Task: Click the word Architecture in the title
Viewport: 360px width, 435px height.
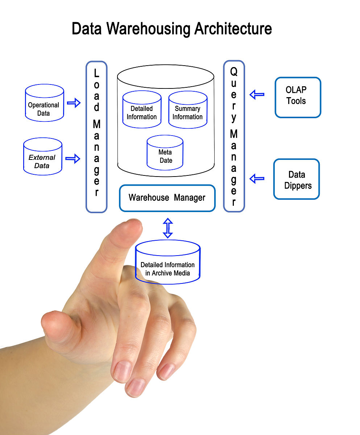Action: [233, 29]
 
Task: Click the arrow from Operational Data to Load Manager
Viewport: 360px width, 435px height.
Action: [74, 103]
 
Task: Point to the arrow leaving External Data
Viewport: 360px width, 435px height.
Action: [73, 158]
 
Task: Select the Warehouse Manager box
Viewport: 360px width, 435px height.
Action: [167, 198]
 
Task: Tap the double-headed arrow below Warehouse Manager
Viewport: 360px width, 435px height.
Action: [167, 228]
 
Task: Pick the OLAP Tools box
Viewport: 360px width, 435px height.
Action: [298, 97]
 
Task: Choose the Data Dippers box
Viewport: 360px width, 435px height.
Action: [297, 179]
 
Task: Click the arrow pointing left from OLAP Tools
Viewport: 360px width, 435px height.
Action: [257, 95]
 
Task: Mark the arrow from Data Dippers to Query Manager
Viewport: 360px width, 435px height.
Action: [257, 178]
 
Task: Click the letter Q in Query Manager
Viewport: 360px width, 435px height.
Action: [234, 72]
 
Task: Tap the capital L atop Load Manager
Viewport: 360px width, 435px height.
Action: [96, 74]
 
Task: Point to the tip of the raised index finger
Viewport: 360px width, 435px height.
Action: [131, 227]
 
